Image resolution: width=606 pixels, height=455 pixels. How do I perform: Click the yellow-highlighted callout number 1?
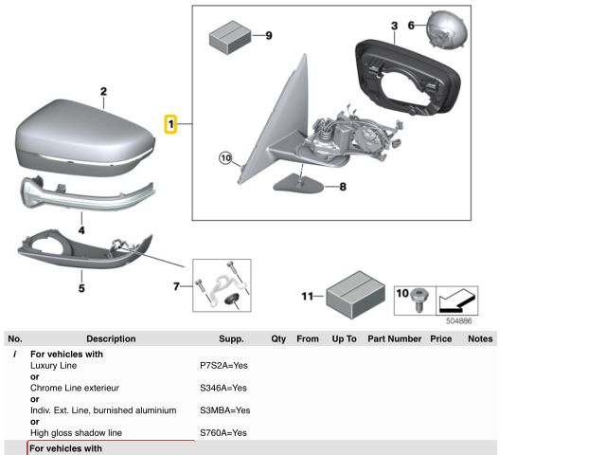(171, 123)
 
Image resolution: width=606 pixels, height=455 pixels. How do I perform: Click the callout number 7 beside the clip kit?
(177, 284)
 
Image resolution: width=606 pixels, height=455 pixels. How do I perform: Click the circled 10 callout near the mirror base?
(224, 158)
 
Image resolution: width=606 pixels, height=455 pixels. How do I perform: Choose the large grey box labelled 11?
(353, 295)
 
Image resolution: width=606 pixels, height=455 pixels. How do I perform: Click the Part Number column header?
(394, 338)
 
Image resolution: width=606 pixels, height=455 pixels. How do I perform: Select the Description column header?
(111, 338)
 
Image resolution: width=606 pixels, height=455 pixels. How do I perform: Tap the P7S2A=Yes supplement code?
(223, 365)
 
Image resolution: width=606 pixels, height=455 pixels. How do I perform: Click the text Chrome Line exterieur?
(75, 388)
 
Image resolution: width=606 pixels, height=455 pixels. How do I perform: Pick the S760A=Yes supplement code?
(223, 433)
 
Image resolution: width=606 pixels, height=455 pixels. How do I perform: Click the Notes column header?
(480, 338)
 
